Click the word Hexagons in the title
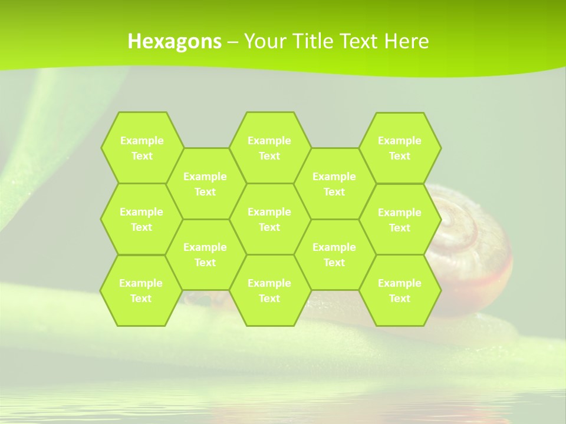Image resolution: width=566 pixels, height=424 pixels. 175,41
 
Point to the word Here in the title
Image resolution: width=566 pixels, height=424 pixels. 406,41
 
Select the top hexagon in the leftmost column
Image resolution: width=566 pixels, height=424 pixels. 141,148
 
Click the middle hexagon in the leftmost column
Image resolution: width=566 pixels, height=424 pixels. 141,219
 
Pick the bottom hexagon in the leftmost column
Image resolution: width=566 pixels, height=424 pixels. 141,290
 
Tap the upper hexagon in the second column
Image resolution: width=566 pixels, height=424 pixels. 205,184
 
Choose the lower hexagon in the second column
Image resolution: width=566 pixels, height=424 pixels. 205,254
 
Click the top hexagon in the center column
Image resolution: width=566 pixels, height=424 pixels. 269,148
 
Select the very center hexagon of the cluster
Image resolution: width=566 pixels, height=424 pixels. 269,219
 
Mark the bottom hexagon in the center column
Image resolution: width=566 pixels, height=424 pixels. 269,290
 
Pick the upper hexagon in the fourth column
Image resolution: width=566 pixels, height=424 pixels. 334,184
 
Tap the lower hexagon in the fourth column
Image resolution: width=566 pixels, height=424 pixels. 334,254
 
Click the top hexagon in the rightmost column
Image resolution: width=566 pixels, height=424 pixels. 400,148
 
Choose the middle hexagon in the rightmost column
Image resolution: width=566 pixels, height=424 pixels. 400,220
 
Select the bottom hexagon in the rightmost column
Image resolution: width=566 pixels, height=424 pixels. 400,290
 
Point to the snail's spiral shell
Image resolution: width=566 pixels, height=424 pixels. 472,236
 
